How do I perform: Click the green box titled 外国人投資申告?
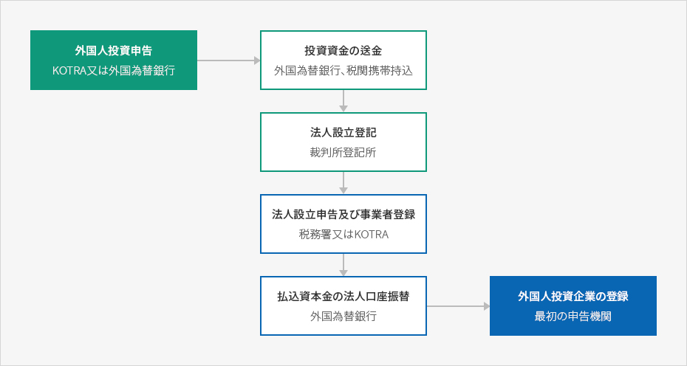pos(114,60)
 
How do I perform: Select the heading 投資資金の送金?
pos(343,51)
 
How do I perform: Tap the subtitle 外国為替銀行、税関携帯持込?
pos(343,71)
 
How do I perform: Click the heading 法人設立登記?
pos(343,133)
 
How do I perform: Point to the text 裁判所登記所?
pos(343,152)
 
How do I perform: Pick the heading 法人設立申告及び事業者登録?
pos(343,215)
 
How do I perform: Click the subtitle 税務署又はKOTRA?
pos(343,234)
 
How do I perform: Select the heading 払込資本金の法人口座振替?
pos(343,297)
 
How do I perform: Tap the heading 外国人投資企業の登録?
pos(573,297)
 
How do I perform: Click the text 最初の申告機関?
pos(573,316)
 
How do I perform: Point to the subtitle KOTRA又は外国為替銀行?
pos(114,71)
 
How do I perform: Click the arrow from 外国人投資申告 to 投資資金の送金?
pos(229,61)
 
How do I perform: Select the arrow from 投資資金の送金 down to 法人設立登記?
pos(343,101)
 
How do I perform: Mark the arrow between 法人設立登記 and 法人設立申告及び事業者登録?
pos(343,183)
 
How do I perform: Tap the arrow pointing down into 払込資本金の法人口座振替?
pos(343,265)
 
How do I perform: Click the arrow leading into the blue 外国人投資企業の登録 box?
pos(458,306)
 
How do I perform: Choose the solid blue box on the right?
pos(573,306)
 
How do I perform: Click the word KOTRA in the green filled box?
pos(69,71)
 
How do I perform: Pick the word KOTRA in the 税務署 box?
pos(371,235)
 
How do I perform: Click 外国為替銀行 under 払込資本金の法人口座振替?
pos(343,316)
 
